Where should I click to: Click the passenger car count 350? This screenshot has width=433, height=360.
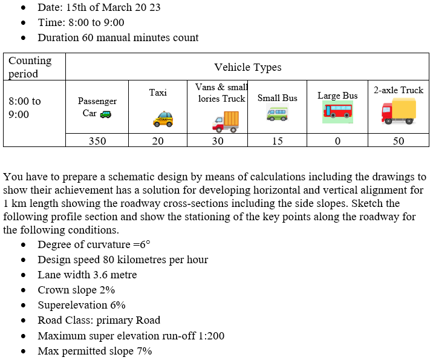(97, 141)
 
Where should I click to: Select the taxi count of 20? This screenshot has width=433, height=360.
(158, 141)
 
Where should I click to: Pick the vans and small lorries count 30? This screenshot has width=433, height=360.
(218, 141)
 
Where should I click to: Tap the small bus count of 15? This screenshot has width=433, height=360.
(277, 141)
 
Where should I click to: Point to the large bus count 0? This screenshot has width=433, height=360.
(337, 141)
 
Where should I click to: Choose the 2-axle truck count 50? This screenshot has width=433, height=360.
(399, 141)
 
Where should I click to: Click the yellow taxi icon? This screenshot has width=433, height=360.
(163, 119)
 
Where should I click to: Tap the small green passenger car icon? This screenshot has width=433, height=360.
(106, 113)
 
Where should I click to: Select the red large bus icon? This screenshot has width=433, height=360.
(337, 111)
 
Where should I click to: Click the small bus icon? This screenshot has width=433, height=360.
(278, 113)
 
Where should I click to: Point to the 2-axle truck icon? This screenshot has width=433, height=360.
(399, 111)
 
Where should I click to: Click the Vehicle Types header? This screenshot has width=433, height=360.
(247, 67)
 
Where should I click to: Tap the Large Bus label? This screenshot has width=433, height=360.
(337, 96)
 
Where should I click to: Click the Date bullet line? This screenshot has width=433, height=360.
(99, 8)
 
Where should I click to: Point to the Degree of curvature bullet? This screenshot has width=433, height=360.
(94, 244)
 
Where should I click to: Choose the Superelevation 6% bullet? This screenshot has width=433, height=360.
(82, 305)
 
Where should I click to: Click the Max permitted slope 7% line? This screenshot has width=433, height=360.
(95, 351)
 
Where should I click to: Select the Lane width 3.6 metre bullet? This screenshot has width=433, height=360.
(87, 275)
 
